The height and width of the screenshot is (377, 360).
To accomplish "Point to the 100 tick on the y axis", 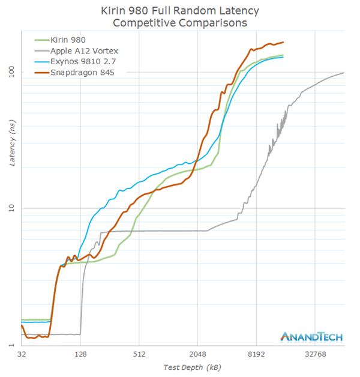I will [10, 72].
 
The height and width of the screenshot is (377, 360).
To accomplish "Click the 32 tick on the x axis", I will [22, 354].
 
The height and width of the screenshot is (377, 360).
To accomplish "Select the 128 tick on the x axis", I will [80, 354].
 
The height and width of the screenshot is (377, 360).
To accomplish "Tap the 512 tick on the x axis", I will [139, 354].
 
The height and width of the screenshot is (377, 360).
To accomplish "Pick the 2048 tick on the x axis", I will [197, 354].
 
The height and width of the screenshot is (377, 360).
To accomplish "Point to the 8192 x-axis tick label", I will [256, 354].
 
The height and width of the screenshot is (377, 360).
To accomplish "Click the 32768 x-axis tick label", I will [315, 354].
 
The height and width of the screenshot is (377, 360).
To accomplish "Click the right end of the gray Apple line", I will [344, 73].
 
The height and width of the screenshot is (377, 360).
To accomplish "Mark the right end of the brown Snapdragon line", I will [283, 42].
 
